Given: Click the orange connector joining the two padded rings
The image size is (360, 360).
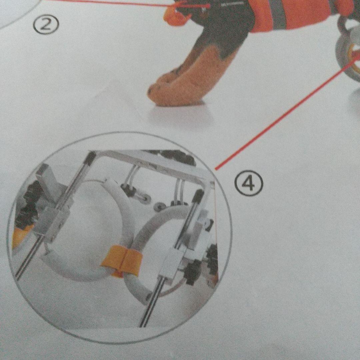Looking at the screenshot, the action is point(122,261).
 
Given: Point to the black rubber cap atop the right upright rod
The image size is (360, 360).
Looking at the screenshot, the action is point(198,196).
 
